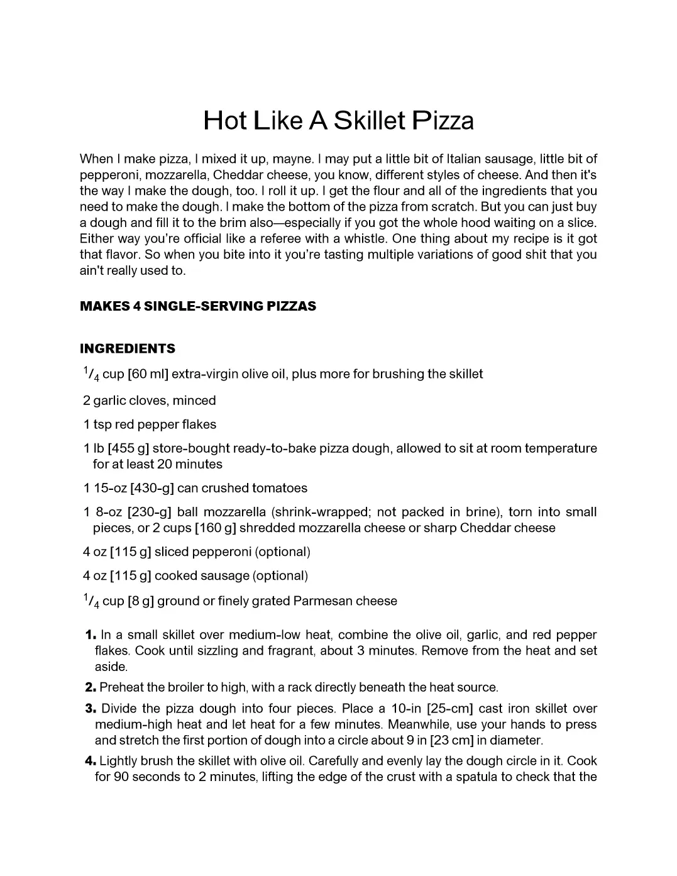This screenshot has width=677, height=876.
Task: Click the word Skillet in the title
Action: (370, 120)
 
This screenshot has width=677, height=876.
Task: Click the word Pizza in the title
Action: (443, 120)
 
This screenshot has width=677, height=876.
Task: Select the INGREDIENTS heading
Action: (128, 348)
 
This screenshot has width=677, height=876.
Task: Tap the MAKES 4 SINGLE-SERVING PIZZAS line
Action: (198, 306)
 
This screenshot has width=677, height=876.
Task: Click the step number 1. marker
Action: (91, 635)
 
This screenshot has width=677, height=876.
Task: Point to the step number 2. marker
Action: (91, 687)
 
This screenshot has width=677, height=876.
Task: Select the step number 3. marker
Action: (91, 709)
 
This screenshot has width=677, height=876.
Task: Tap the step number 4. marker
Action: (91, 761)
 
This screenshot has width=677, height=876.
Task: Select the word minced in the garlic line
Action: (194, 401)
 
